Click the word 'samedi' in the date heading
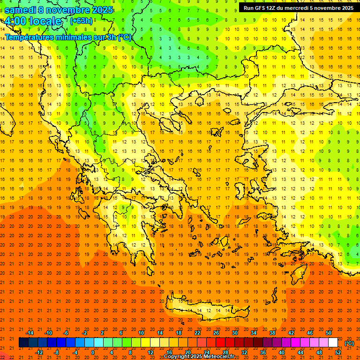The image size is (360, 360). [x=21, y=10]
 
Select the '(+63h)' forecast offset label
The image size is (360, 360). [x=81, y=21]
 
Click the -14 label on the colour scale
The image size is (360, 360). [x=30, y=333]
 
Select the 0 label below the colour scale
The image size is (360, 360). [x=93, y=352]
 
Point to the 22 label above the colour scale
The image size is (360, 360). [x=197, y=333]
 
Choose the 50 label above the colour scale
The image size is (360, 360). [x=329, y=333]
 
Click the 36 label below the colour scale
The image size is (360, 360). [x=263, y=352]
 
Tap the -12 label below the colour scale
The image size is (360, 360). [x=39, y=352]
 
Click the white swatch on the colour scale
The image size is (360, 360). [x=333, y=343]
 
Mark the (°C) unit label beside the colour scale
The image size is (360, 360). [x=349, y=343]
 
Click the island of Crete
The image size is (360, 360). [x=206, y=310]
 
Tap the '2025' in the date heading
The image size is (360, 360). [x=101, y=10]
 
